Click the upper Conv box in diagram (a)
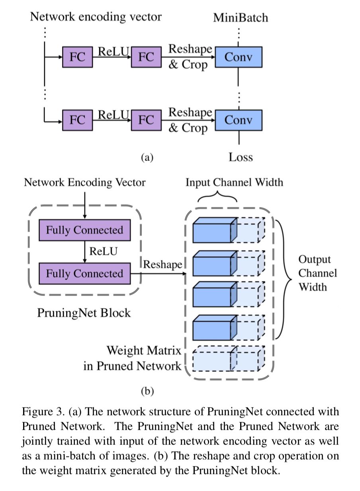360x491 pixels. [239, 58]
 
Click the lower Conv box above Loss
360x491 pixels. [239, 120]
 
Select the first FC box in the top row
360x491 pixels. [77, 58]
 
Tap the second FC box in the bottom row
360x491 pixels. [146, 120]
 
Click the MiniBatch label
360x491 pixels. [241, 18]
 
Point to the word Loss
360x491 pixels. [241, 157]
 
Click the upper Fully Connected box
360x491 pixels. [84, 230]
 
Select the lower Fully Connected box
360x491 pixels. [84, 274]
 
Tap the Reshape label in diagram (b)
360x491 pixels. [162, 264]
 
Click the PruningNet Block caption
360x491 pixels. [84, 313]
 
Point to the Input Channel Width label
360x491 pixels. [234, 182]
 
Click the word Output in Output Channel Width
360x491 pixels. [315, 259]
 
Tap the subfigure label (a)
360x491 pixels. [147, 158]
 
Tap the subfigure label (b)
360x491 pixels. [147, 391]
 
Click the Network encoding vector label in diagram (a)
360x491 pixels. [96, 17]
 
